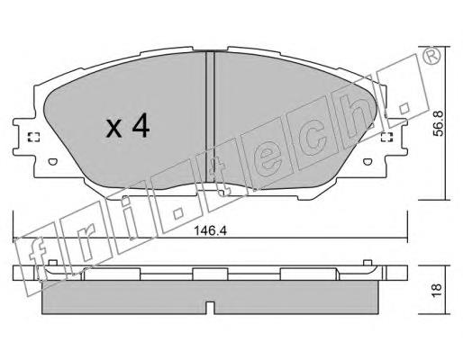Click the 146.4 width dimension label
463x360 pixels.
pos(210,230)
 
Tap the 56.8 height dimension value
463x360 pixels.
pos(440,123)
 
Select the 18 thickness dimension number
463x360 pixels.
pos(438,290)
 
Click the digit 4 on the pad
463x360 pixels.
pos(141,125)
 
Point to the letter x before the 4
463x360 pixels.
pos(114,129)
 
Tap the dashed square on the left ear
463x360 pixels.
pos(33,137)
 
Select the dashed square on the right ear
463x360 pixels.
pos(386,137)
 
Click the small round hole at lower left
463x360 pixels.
pos(52,161)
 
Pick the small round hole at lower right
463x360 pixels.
pos(368,161)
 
